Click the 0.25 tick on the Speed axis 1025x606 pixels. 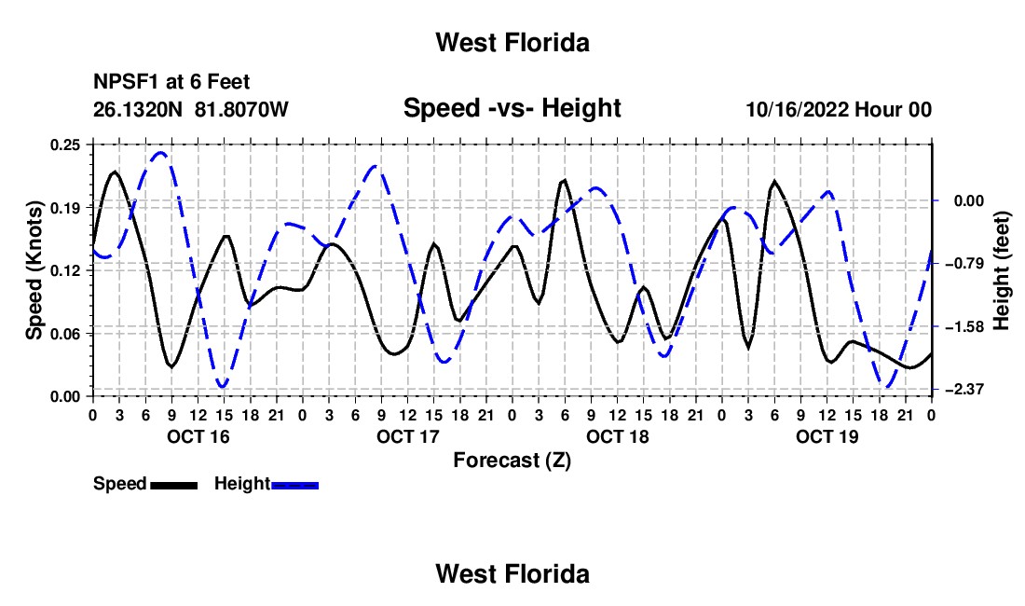pos(64,145)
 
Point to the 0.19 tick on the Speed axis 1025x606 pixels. pos(64,208)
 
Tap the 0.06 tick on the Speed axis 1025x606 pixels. pos(64,334)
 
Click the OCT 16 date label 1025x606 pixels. pos(198,436)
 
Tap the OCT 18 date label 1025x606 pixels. pos(618,436)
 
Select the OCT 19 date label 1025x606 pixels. pos(827,436)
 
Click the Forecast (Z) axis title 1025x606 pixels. pos(512,461)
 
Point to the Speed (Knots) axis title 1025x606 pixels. pos(34,270)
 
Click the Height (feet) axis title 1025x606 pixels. pos(1002,270)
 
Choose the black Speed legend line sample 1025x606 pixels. pos(174,486)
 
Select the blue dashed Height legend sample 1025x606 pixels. pos(294,486)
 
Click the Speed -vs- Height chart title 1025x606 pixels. pos(512,108)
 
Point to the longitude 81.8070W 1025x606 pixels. pos(241,109)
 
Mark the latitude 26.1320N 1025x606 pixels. pos(138,109)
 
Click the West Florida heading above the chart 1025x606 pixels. pos(512,43)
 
